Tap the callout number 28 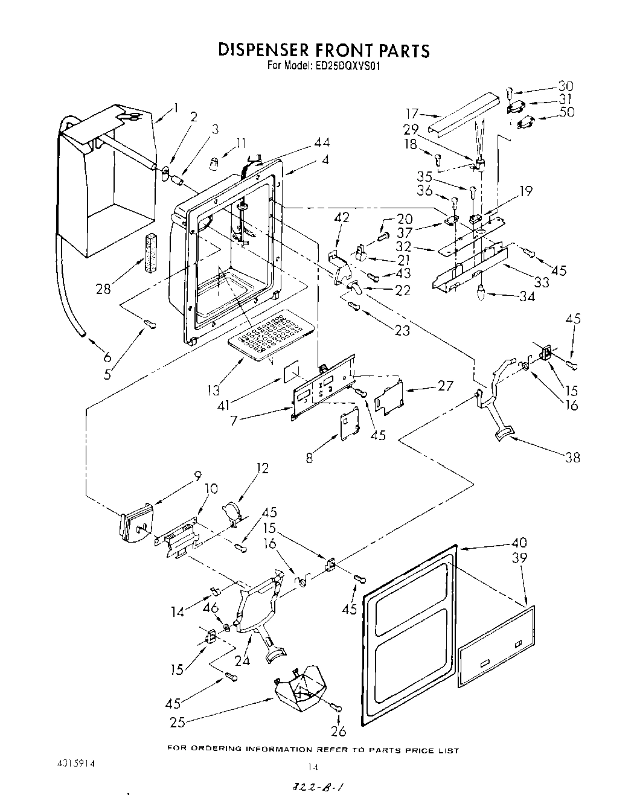(103, 289)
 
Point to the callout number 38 (572, 457)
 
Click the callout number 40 (518, 542)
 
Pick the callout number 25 (178, 722)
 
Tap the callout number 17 (412, 113)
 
